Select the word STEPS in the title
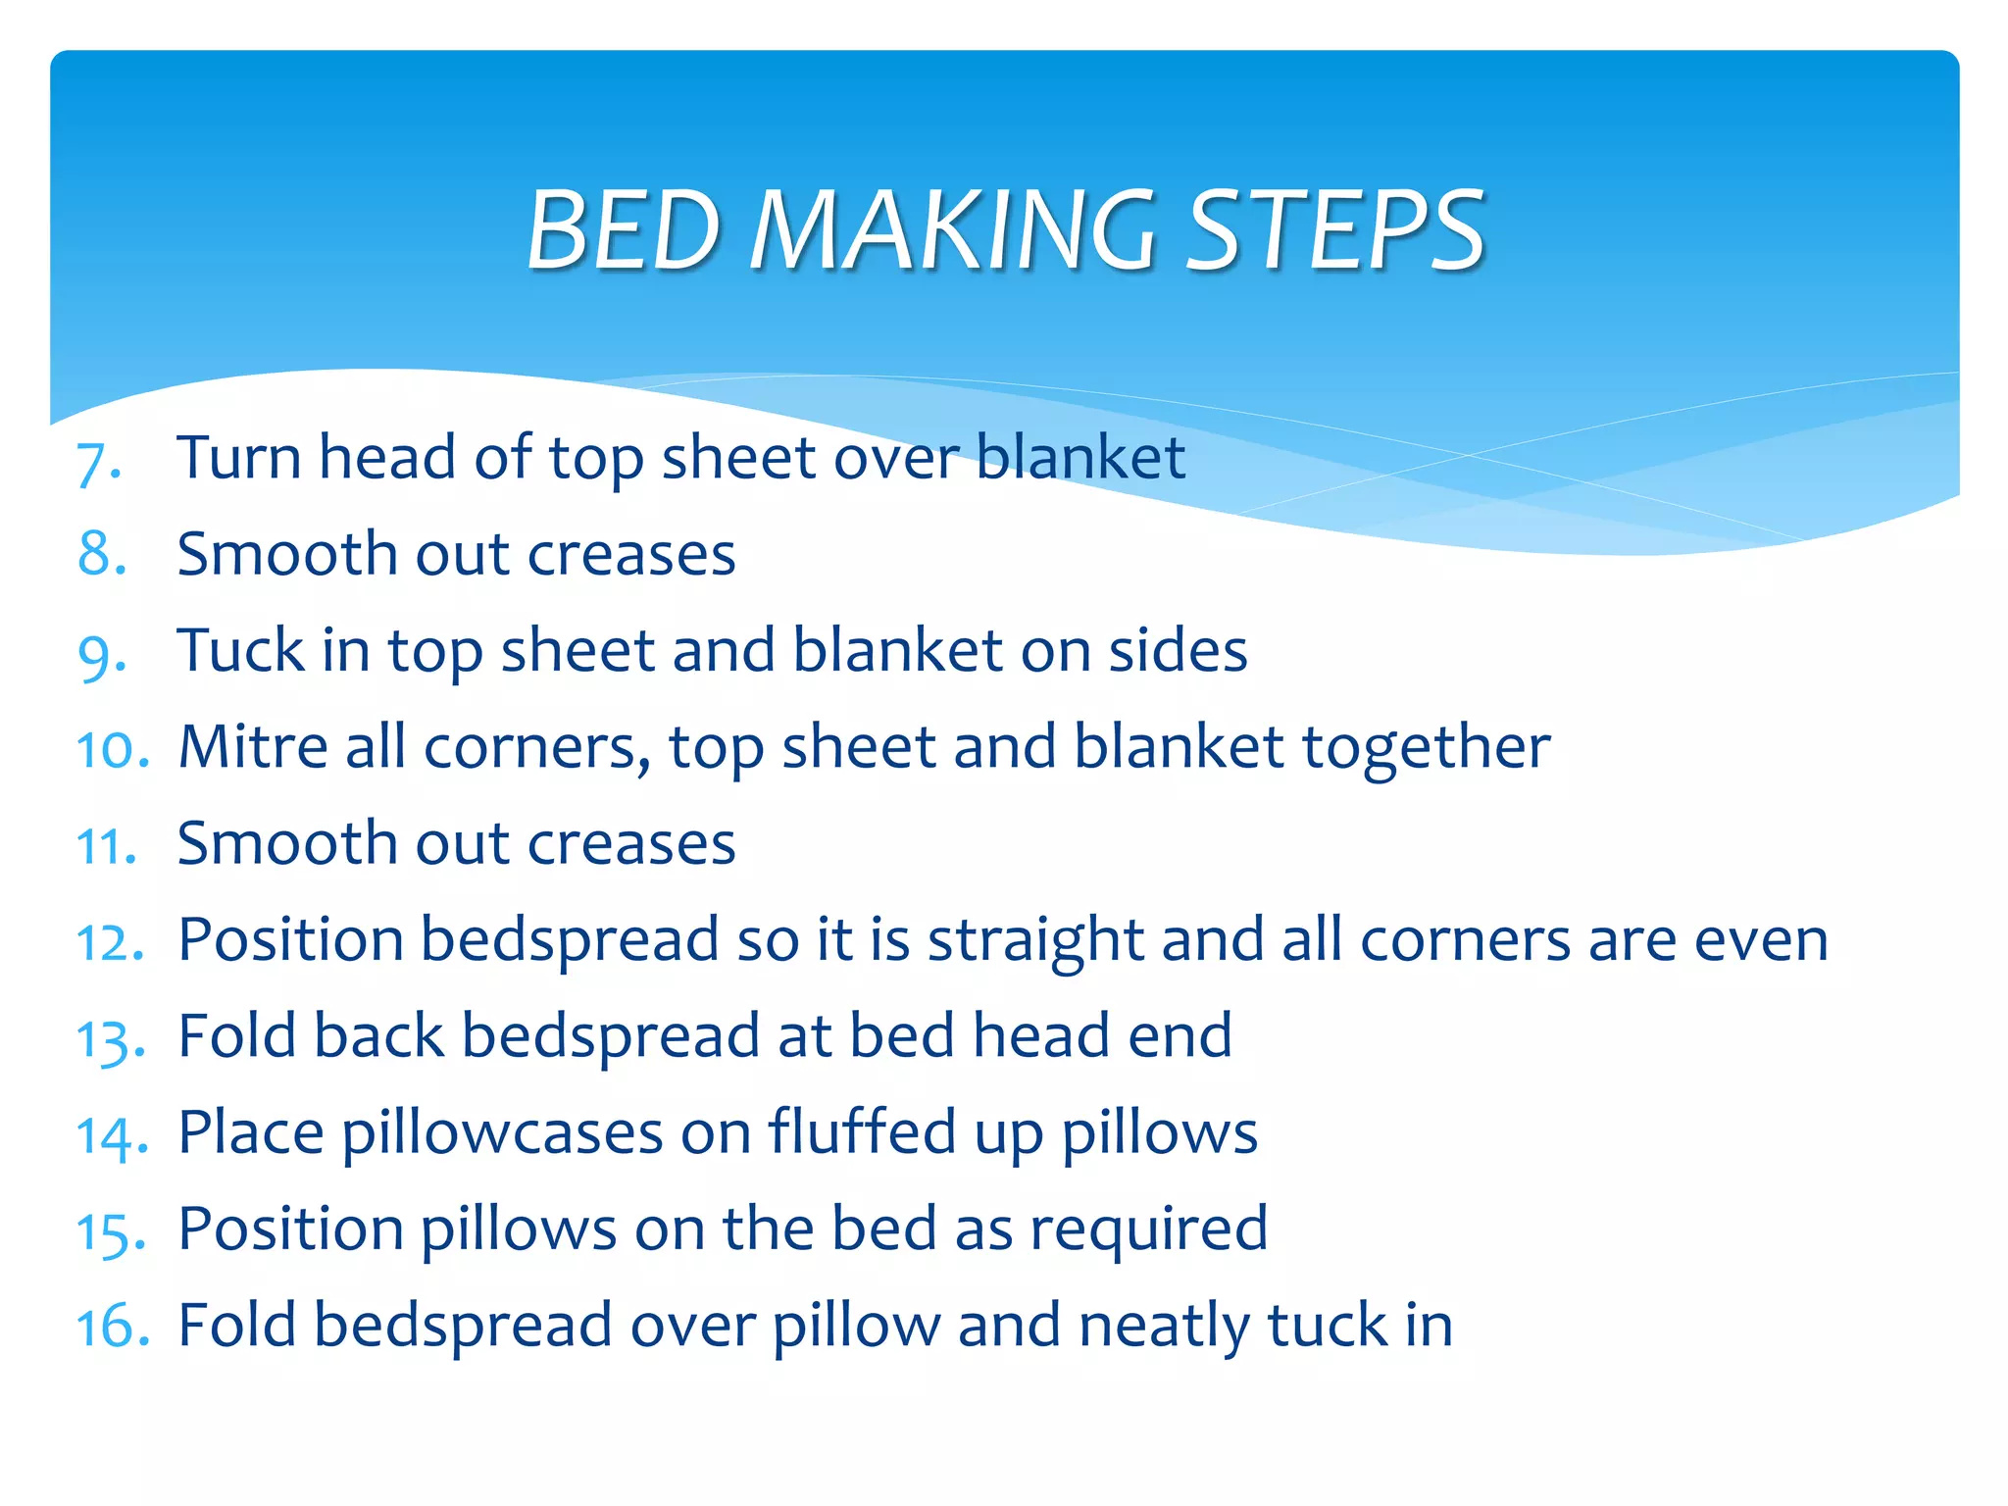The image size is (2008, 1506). pos(1335,230)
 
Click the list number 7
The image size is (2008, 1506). pos(97,462)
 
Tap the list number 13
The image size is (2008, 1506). pos(111,1040)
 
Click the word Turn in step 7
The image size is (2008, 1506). pos(238,458)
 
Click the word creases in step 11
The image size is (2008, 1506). pos(631,843)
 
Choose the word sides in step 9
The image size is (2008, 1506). pos(1178,650)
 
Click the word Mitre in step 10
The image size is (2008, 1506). pos(252,747)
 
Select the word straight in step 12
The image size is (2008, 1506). pos(1035,941)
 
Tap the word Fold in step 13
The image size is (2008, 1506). pos(236,1036)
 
